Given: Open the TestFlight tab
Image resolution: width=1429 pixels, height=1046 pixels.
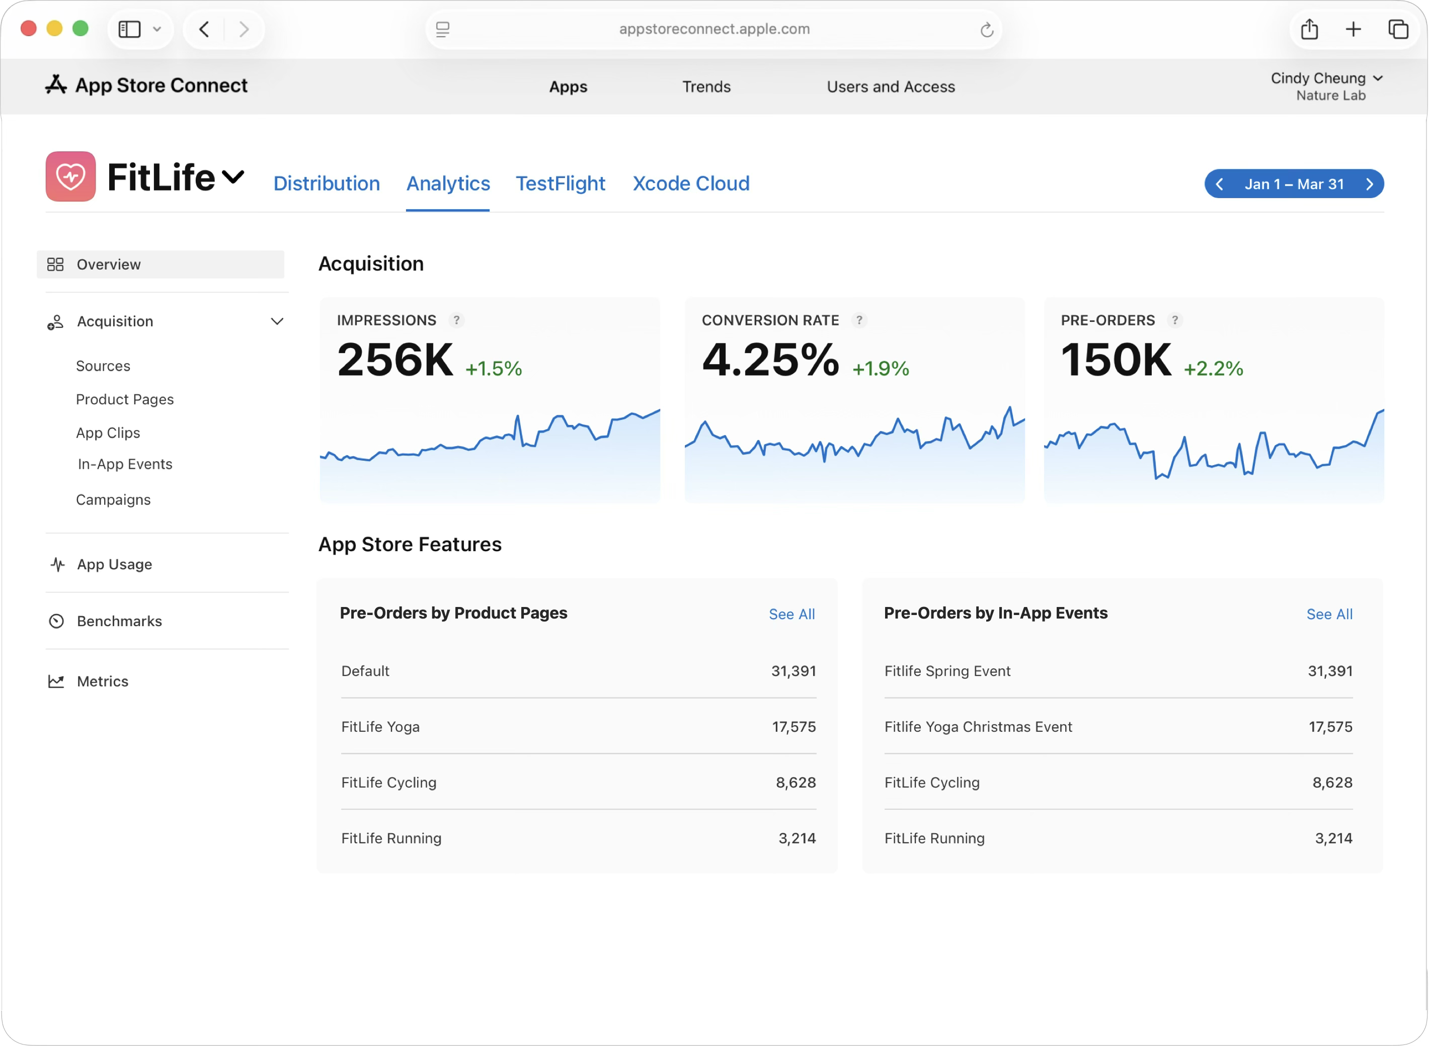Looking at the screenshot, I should [x=560, y=184].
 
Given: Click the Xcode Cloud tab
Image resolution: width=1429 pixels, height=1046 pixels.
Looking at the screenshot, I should [x=690, y=184].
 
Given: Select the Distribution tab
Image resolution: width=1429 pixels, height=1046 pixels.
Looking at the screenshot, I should [x=326, y=184].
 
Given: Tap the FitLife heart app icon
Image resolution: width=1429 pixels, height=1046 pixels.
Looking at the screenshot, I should [x=70, y=177].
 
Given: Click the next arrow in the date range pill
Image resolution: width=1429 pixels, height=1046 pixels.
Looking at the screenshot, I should [x=1369, y=184].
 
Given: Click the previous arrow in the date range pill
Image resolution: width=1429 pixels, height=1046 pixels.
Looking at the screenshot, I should [x=1219, y=184].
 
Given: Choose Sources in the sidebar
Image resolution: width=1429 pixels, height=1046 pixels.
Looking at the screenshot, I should [x=103, y=366].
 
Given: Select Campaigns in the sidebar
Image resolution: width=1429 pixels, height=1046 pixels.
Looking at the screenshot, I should [x=113, y=499].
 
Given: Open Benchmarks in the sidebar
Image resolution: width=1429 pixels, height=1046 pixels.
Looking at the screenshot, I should [x=119, y=621].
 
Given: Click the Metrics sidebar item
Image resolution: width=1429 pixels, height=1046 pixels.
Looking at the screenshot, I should [x=103, y=681].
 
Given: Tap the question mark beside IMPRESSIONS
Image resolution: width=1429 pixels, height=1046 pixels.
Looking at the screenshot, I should [x=456, y=320].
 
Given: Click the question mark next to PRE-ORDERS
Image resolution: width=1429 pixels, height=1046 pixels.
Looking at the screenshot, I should [x=1175, y=320].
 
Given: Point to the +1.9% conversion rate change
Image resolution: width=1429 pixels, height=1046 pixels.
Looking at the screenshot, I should [x=881, y=369].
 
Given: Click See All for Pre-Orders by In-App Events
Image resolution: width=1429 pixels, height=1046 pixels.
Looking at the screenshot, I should [x=1329, y=614].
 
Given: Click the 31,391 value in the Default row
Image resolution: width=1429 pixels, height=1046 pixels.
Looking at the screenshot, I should [x=793, y=671].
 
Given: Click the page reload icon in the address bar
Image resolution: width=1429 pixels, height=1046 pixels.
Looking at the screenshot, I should [x=986, y=30].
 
